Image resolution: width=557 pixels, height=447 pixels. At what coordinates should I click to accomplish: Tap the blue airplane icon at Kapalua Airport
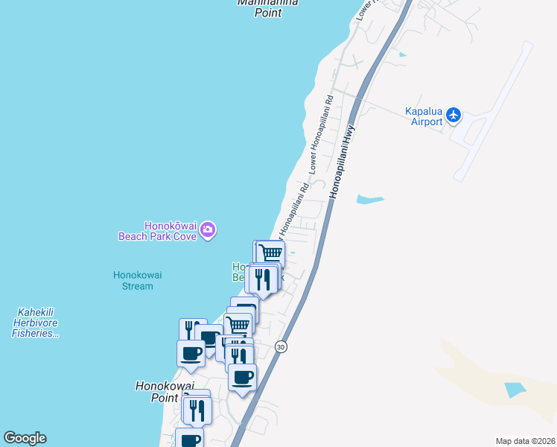pos(454,115)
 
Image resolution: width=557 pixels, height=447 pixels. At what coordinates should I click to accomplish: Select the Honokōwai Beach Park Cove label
pos(157,231)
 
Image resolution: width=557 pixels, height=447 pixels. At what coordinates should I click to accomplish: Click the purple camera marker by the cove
pos(208,230)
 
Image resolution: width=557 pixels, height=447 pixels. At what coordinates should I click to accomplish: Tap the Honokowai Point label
pos(164,392)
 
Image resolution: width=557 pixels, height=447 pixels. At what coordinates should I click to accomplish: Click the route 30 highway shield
pos(280,346)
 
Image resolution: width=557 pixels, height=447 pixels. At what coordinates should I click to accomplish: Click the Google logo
pos(25,438)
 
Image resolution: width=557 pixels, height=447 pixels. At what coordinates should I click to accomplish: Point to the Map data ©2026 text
pos(525,441)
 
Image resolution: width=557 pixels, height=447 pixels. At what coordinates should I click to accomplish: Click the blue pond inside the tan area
pos(514,389)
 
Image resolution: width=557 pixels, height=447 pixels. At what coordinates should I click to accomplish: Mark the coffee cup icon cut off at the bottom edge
pos(190,439)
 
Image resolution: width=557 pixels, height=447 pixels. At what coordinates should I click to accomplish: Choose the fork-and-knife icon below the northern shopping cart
pos(262,279)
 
